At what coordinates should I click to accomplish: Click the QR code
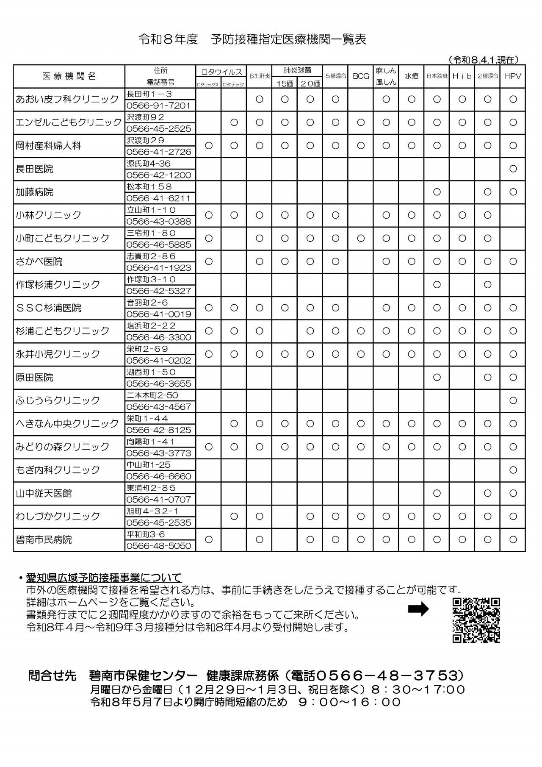point(476,620)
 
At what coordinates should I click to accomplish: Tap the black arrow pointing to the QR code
point(418,609)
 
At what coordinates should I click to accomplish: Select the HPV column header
point(513,76)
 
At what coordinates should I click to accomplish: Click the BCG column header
point(361,76)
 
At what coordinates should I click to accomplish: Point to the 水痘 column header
point(411,76)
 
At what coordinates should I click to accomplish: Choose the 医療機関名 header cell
point(69,76)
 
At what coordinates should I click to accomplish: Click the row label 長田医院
point(34,169)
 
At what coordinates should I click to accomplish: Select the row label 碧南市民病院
point(44,540)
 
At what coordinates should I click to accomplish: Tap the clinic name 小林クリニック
point(48,215)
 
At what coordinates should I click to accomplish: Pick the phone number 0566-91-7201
point(158,106)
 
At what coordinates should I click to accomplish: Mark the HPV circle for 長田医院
point(513,169)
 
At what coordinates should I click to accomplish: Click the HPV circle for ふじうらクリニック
point(513,400)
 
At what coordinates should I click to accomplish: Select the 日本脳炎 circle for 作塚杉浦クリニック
point(437,285)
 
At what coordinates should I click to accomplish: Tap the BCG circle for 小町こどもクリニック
point(361,239)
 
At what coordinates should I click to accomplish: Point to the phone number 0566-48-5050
point(158,546)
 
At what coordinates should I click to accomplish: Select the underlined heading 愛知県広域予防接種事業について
point(104,577)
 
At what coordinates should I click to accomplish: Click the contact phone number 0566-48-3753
point(387,675)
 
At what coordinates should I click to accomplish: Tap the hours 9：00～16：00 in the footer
point(349,702)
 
